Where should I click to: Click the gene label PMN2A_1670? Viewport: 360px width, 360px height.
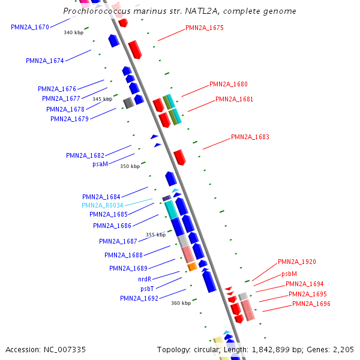tap(30, 27)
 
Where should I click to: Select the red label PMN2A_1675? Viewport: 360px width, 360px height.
tap(205, 28)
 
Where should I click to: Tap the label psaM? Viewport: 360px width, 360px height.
tap(100, 164)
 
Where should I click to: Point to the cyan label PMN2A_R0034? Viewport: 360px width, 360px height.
tap(103, 205)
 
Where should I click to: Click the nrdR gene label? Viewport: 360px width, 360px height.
tap(145, 279)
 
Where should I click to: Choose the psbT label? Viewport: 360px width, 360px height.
tap(147, 289)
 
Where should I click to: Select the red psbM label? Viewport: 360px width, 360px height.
tap(289, 274)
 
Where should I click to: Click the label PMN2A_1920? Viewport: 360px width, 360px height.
tap(297, 262)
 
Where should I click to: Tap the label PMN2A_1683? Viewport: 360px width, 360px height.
tap(250, 137)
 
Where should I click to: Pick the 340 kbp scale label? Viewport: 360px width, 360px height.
tap(74, 32)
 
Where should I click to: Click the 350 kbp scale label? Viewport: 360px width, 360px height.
tap(130, 166)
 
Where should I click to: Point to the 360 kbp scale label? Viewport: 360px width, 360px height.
tap(181, 303)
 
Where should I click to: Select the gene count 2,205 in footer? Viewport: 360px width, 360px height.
tap(343, 349)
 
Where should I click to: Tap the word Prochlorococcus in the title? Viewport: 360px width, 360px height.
tap(90, 11)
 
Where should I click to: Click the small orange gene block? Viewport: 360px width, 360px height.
tap(192, 266)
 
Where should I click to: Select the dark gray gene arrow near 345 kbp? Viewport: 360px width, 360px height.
tap(128, 103)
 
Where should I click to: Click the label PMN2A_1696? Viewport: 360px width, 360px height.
tap(311, 304)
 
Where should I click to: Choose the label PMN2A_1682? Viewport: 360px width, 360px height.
tap(85, 155)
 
